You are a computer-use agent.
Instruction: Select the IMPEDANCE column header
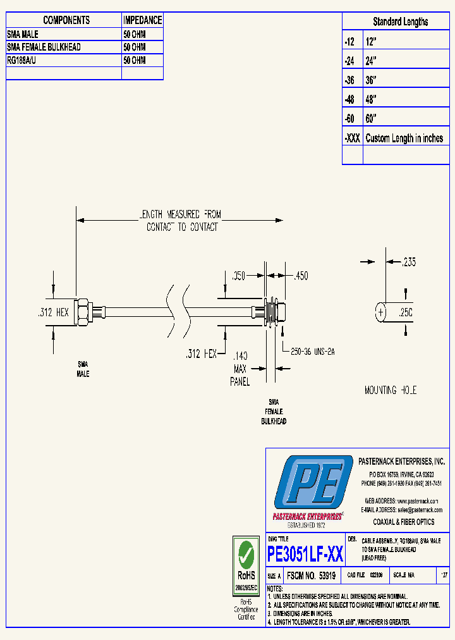click(142, 21)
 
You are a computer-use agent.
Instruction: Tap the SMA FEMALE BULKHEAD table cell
click(44, 47)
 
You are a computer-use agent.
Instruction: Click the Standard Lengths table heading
click(400, 22)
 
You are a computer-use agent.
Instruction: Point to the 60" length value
click(371, 119)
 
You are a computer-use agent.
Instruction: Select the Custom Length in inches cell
click(404, 138)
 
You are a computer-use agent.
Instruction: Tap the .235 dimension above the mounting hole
click(409, 262)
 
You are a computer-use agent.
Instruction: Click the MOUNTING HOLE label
click(391, 390)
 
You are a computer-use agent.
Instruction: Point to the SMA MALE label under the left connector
click(83, 369)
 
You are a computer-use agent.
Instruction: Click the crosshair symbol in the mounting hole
click(380, 312)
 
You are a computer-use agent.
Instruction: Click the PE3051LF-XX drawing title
click(305, 555)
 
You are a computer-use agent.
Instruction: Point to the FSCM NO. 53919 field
click(311, 576)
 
